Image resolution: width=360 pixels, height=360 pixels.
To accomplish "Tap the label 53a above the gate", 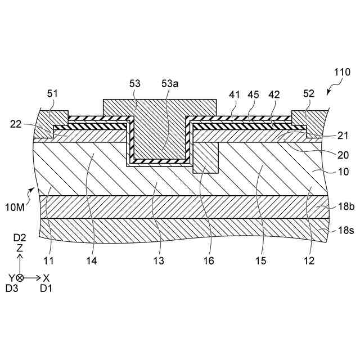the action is point(169,83).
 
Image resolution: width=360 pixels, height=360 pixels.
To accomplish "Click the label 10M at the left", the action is point(15,208).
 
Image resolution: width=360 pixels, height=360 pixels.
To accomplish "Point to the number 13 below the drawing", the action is point(159,261).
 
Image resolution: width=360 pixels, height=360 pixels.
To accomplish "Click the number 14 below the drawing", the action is point(91,261).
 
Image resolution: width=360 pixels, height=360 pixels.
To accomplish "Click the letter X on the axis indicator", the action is point(47,277).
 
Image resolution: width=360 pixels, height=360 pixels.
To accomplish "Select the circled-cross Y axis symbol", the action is point(20,277).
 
